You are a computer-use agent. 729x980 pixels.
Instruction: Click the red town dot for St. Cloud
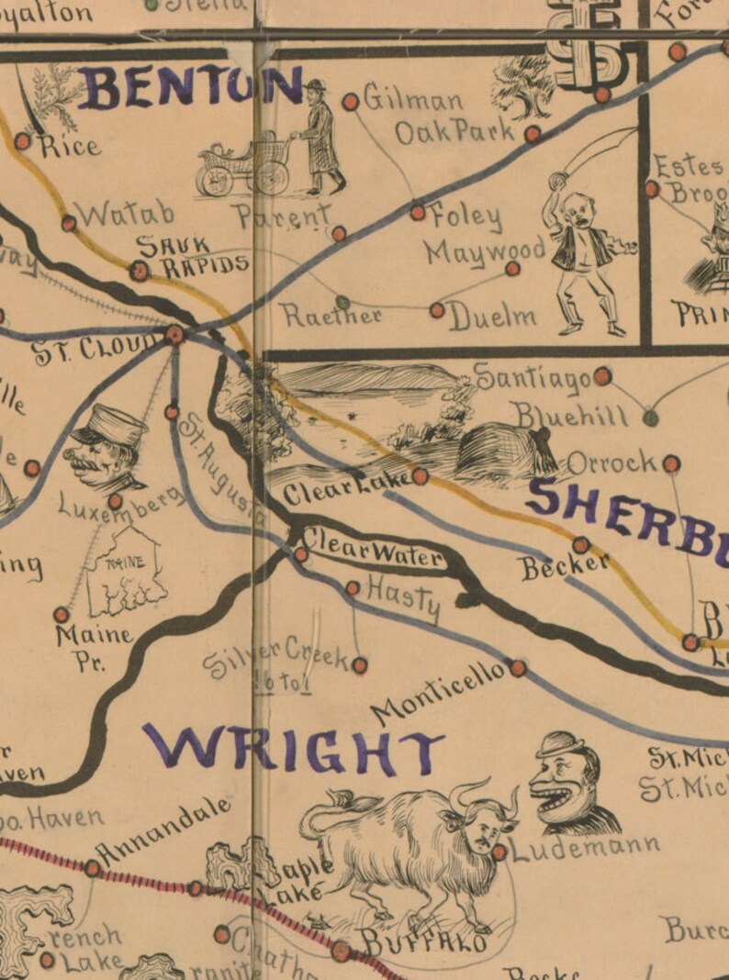(x=174, y=335)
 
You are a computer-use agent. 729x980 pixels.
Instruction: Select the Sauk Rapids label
(x=193, y=256)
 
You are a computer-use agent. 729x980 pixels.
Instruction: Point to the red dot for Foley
(x=418, y=212)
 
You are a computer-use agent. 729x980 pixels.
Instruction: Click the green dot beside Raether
(x=342, y=301)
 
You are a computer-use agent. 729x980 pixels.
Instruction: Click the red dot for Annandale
(x=93, y=867)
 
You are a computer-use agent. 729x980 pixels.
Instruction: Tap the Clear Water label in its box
(x=372, y=548)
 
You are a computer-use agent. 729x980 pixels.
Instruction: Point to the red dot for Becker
(x=580, y=545)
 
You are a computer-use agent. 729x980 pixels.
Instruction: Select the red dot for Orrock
(x=671, y=463)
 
